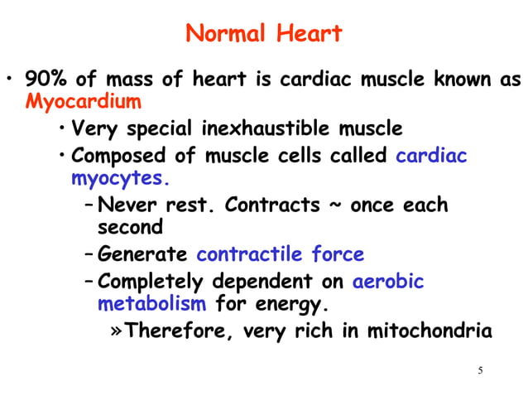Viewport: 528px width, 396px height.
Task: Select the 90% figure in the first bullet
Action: [x=43, y=81]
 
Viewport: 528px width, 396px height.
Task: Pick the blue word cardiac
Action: [x=432, y=155]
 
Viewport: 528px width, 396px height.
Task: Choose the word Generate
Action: [x=142, y=254]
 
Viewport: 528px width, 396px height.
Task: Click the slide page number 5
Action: [x=480, y=369]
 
